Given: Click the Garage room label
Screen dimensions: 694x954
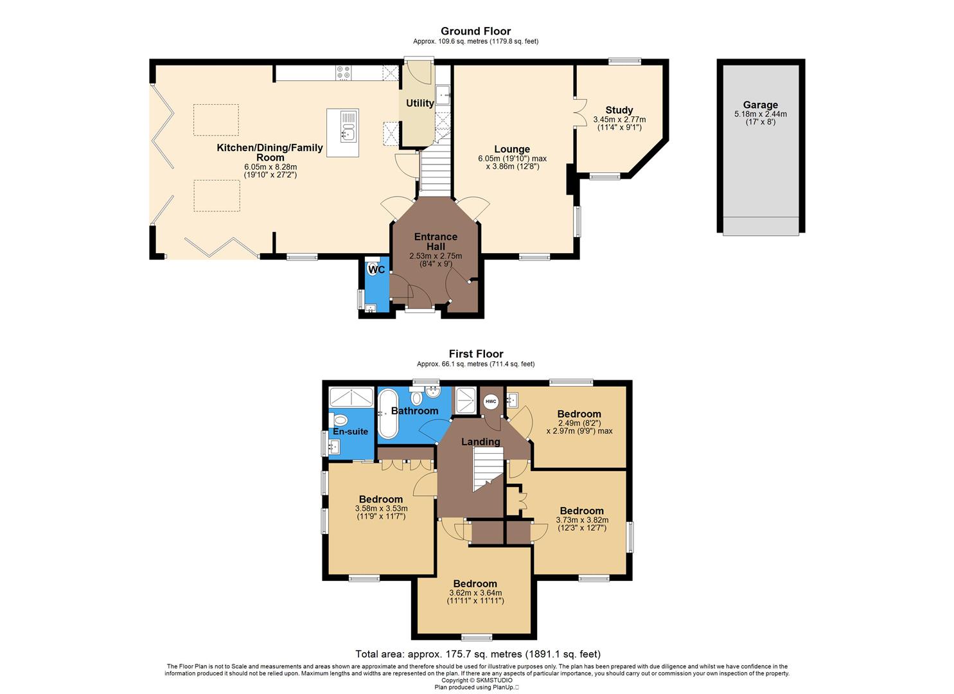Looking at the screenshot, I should [760, 105].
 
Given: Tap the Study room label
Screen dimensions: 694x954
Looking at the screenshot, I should [619, 110].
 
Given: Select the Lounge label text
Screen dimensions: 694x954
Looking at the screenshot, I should [512, 149].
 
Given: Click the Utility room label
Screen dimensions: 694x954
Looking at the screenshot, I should [420, 103].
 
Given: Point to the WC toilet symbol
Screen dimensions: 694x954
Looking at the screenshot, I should [373, 267].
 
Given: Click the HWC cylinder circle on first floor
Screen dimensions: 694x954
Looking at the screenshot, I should [491, 402].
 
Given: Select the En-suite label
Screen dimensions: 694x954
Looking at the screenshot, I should [350, 431].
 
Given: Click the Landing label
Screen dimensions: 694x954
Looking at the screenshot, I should [481, 441].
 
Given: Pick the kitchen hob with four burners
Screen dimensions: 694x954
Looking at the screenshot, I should [343, 73].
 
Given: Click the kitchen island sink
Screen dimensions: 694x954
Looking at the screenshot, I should [348, 134].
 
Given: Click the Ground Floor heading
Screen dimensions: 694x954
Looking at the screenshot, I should [475, 31].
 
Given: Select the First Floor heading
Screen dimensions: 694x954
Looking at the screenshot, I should [475, 353].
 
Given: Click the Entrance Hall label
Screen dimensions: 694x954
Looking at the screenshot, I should [436, 242].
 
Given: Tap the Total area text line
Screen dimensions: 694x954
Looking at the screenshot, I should [478, 654].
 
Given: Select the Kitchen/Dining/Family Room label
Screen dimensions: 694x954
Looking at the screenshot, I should [270, 152].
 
